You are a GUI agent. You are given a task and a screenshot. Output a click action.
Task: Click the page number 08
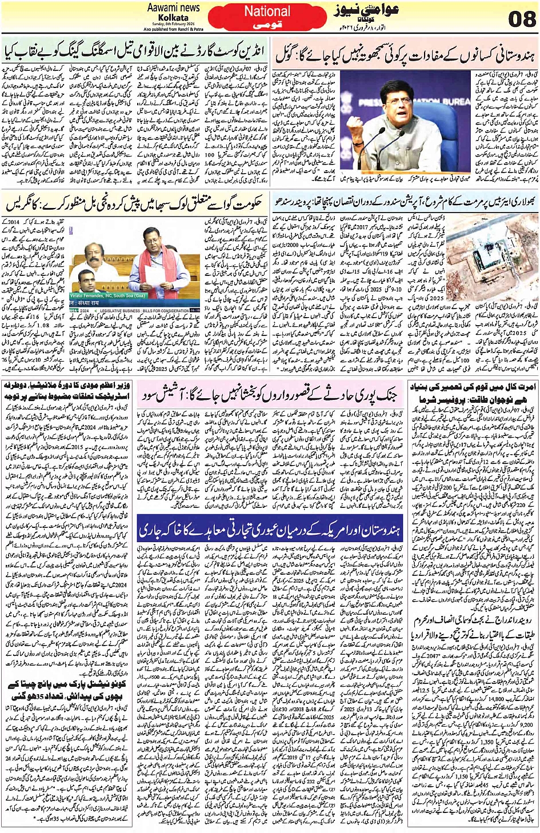click(521, 19)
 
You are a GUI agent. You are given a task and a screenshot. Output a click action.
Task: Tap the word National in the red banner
click(267, 11)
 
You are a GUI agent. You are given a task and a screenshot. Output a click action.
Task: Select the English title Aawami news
click(174, 8)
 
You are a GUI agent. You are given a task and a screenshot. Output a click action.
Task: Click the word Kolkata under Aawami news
click(174, 18)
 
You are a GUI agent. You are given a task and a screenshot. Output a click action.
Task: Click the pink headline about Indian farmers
click(406, 54)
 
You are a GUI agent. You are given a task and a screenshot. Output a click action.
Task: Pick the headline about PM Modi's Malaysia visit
click(67, 391)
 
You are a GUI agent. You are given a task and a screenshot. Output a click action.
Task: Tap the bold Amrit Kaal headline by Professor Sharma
click(473, 393)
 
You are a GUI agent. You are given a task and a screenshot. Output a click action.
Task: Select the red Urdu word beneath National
click(267, 25)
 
